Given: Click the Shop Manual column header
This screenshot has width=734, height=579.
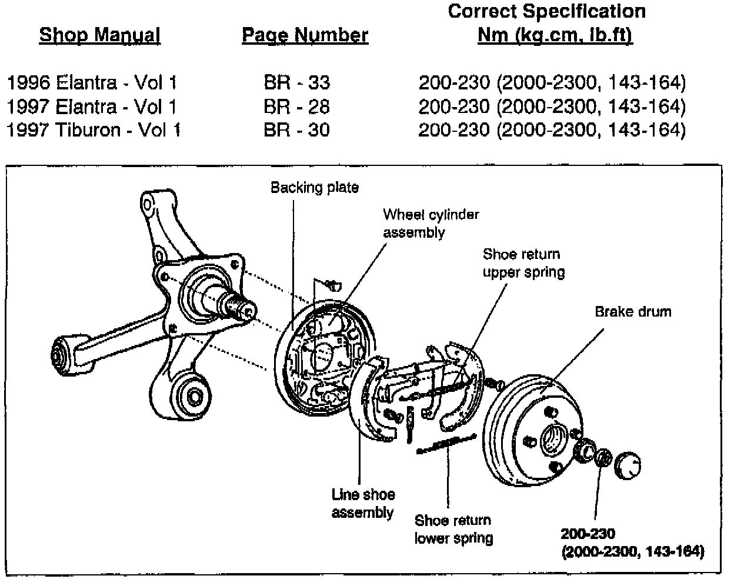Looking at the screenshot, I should [x=99, y=35].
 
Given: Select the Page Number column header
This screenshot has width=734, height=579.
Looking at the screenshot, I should [x=305, y=35].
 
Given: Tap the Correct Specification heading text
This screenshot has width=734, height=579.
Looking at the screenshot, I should [x=546, y=11].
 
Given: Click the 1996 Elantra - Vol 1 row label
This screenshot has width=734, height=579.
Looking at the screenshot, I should [x=92, y=82].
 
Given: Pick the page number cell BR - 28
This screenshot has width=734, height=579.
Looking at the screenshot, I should [x=296, y=107].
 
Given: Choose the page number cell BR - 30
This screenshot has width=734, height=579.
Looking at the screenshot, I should [x=296, y=129].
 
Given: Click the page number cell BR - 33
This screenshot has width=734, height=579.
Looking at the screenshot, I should [x=296, y=82].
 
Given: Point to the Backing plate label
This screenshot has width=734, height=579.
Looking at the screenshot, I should [x=314, y=188].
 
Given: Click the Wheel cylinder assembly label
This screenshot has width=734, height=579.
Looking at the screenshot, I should [x=431, y=223].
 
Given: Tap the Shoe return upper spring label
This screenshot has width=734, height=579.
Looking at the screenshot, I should [x=523, y=263].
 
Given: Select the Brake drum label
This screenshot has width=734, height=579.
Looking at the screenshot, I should [x=632, y=311].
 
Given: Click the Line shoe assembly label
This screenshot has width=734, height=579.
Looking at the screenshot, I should [x=362, y=503].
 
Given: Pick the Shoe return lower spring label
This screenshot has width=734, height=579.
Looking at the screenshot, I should [x=453, y=529].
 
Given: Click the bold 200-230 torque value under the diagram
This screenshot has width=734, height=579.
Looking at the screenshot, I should [x=588, y=534].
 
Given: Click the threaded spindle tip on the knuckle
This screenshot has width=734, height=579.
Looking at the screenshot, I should [x=244, y=308].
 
